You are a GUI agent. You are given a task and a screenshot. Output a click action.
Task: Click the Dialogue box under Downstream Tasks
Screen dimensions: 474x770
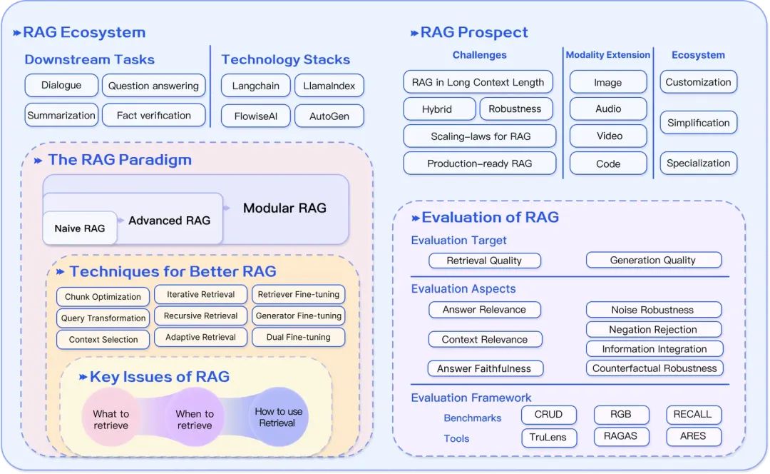(61, 86)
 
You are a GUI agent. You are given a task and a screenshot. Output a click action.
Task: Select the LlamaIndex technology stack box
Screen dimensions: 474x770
(329, 86)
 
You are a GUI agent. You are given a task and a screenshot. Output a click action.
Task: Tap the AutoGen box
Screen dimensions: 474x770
(329, 116)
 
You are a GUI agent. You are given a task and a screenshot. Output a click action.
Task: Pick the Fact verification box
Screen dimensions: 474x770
(154, 116)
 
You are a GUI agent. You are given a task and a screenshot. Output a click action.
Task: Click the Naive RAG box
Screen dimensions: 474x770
(80, 228)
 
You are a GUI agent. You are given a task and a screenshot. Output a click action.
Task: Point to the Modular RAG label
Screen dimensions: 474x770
(284, 208)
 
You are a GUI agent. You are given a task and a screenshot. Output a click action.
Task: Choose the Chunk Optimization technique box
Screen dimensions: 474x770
(103, 297)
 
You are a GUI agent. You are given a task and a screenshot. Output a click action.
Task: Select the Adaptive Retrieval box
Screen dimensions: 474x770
(200, 337)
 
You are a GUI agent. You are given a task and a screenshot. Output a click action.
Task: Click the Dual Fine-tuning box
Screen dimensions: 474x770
(298, 337)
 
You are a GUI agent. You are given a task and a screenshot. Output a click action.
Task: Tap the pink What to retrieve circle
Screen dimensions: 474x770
(111, 419)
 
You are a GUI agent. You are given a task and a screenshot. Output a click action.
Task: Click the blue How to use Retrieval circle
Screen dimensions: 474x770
(279, 417)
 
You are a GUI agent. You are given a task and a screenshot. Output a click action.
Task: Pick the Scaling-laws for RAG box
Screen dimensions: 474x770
(480, 136)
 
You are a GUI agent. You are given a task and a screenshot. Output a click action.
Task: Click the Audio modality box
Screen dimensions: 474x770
(608, 109)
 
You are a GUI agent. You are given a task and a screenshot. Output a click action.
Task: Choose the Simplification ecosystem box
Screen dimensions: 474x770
(698, 123)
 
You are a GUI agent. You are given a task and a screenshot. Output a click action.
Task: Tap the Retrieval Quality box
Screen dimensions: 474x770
(485, 261)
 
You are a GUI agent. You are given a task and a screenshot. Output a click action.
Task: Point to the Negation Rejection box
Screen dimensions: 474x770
(653, 330)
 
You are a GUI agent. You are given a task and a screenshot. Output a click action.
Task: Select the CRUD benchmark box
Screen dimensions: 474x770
(548, 415)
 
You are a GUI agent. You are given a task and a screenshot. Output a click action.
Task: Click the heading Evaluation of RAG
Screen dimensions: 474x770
(490, 218)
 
